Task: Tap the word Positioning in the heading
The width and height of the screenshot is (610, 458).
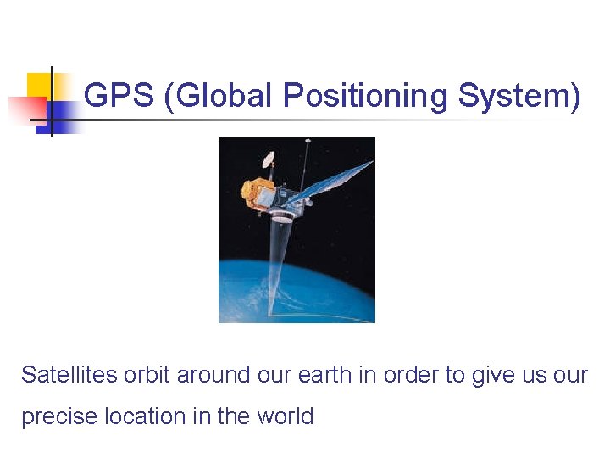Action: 366,97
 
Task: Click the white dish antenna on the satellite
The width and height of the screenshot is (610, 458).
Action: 269,159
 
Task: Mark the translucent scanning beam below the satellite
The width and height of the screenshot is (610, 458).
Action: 278,263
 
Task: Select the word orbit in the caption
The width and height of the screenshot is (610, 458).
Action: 149,375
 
